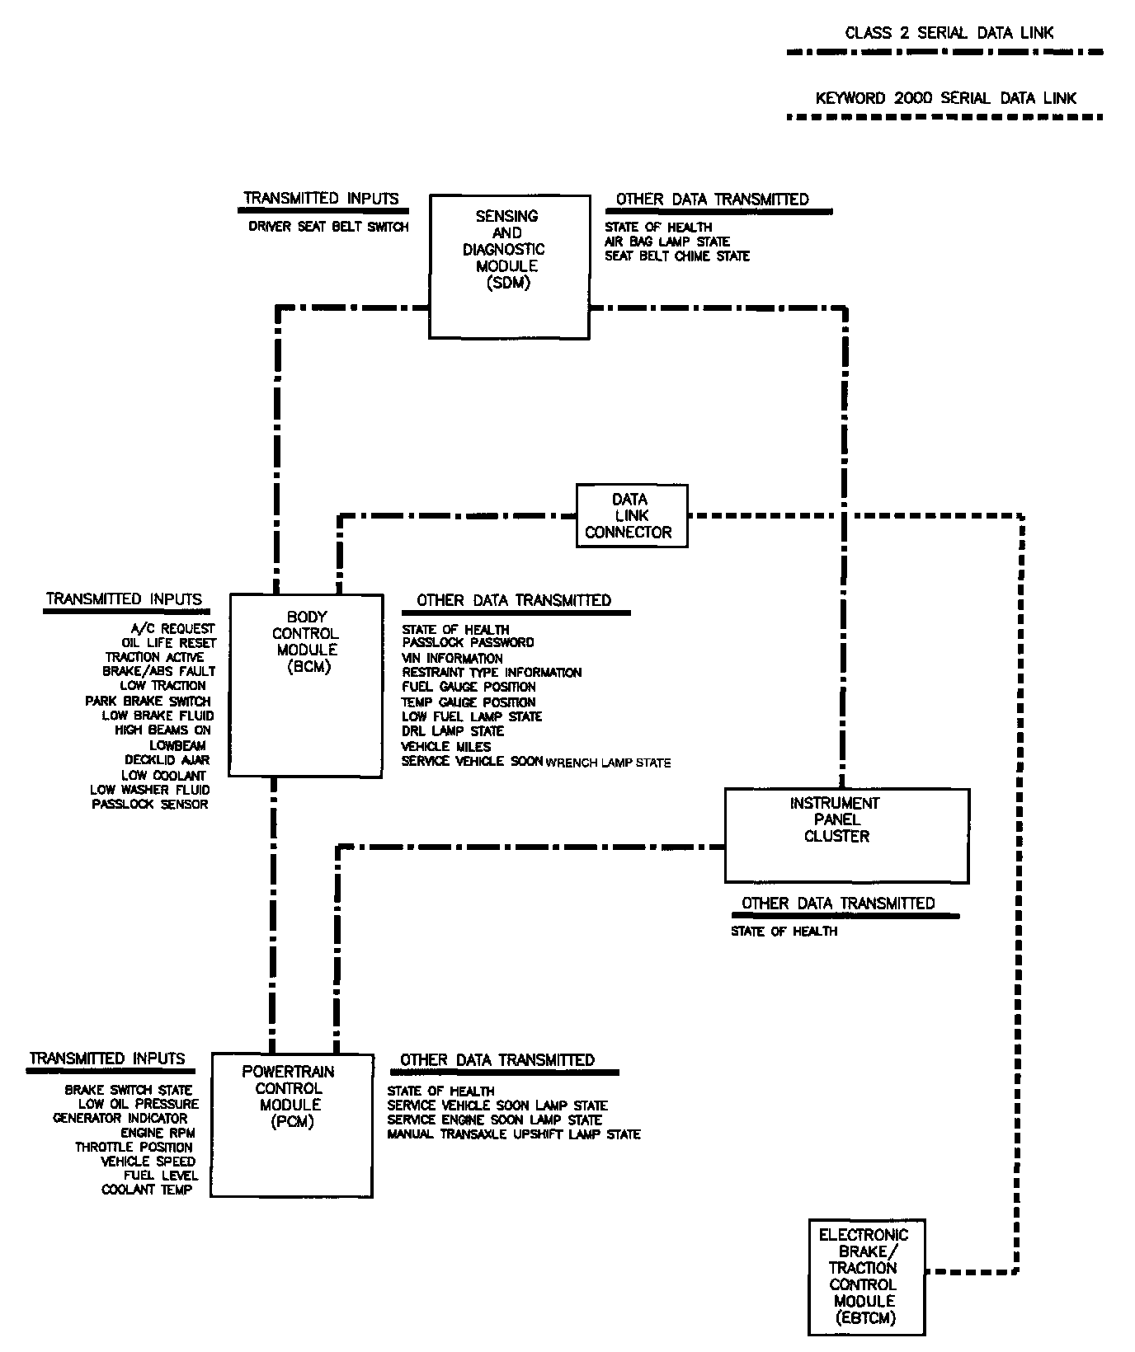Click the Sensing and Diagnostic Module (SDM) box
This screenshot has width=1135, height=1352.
(x=509, y=265)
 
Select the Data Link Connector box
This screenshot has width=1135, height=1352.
(x=631, y=516)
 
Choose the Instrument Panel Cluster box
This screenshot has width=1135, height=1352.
(x=846, y=835)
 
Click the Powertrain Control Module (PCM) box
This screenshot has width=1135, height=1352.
(x=292, y=1124)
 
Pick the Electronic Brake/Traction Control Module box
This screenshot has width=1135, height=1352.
(x=867, y=1275)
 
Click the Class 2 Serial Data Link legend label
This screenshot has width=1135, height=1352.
(x=949, y=33)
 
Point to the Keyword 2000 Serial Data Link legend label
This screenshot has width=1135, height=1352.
(x=946, y=98)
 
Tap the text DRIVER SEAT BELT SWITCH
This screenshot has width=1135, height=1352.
(x=328, y=227)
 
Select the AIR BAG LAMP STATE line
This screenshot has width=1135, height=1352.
(x=666, y=242)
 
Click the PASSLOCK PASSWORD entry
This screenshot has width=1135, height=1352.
(x=468, y=642)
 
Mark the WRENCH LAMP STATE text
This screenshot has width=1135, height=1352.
(x=608, y=763)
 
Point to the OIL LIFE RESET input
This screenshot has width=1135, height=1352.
(x=169, y=643)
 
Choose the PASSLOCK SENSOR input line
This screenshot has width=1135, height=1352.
(x=150, y=804)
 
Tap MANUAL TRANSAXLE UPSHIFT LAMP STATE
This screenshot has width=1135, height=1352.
(x=513, y=1134)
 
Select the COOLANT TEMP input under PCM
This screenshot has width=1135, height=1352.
(x=147, y=1190)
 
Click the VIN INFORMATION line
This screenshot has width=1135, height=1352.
(x=452, y=658)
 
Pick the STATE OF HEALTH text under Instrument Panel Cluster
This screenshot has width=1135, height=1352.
(x=784, y=932)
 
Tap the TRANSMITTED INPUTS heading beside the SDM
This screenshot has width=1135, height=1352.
(x=321, y=199)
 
